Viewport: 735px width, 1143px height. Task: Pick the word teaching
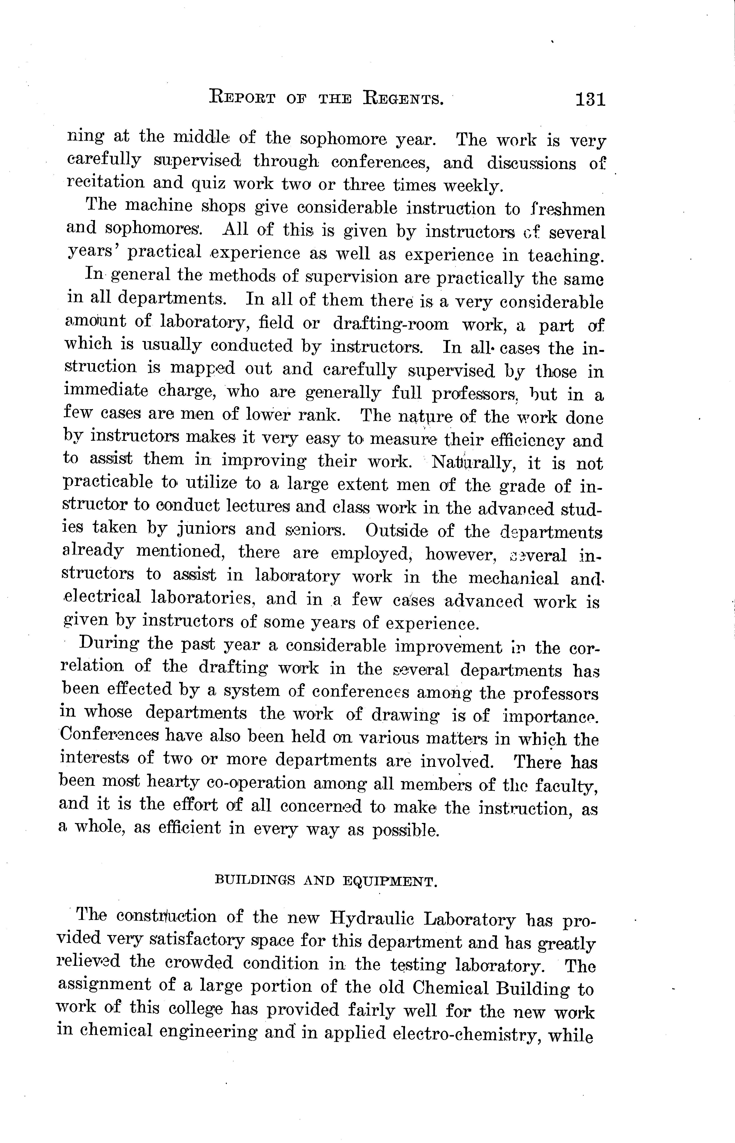[566, 256]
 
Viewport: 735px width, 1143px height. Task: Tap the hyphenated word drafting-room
[390, 324]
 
